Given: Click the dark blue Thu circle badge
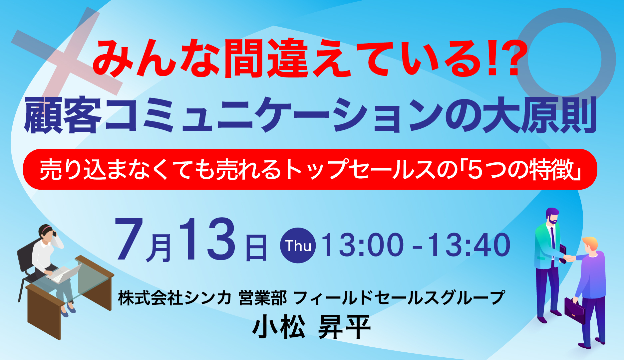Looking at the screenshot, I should tap(298, 246).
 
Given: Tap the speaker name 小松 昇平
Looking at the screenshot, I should tap(311, 327).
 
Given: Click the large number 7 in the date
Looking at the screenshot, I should tap(129, 240).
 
